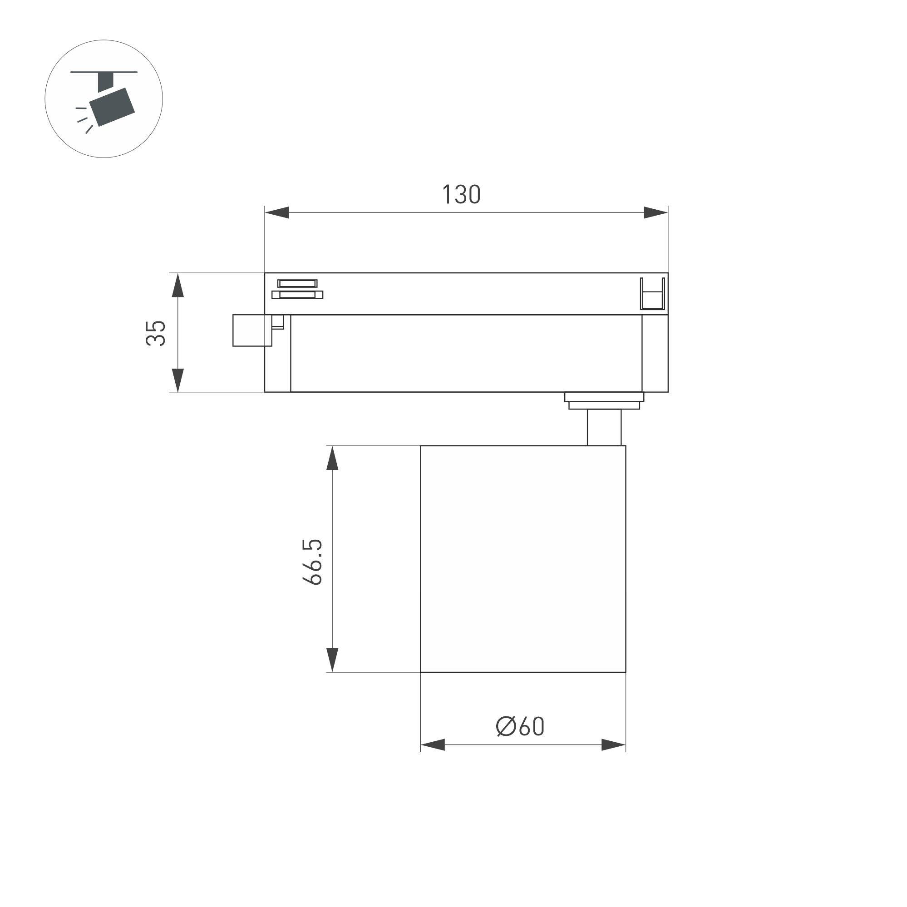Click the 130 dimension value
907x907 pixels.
pyautogui.click(x=462, y=194)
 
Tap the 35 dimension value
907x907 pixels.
pyautogui.click(x=156, y=333)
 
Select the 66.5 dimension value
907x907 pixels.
pyautogui.click(x=312, y=562)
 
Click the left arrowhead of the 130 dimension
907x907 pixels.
pyautogui.click(x=277, y=212)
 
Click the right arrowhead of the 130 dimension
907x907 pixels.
pyautogui.click(x=656, y=212)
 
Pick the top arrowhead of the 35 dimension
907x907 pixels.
pyautogui.click(x=177, y=286)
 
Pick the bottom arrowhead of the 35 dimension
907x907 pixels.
pyautogui.click(x=177, y=380)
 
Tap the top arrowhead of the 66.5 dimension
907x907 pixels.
pyautogui.click(x=332, y=458)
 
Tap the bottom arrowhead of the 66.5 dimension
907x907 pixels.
pyautogui.click(x=332, y=660)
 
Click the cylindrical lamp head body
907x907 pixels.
pyautogui.click(x=523, y=559)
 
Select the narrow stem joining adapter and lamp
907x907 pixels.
pyautogui.click(x=604, y=427)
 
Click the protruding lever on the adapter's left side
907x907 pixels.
pyautogui.click(x=252, y=330)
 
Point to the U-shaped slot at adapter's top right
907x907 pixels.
pyautogui.click(x=652, y=295)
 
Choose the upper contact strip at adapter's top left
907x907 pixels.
pyautogui.click(x=297, y=283)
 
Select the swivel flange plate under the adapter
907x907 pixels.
pyautogui.click(x=604, y=397)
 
